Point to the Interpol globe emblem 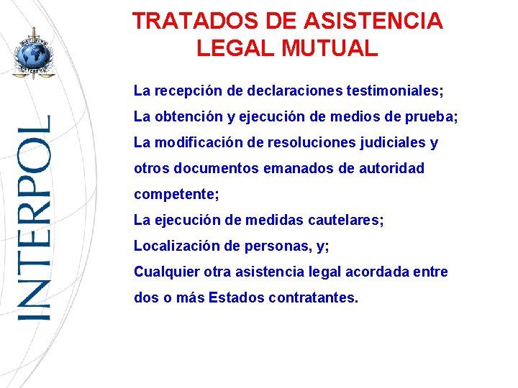click(x=33, y=55)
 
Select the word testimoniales click(x=394, y=92)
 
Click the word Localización click(x=175, y=246)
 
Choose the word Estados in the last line click(x=236, y=297)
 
